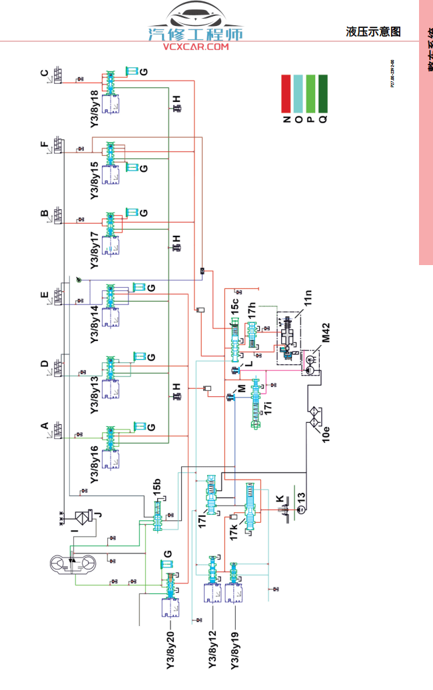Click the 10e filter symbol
click(317, 420)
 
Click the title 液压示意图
click(373, 31)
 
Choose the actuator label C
click(45, 73)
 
